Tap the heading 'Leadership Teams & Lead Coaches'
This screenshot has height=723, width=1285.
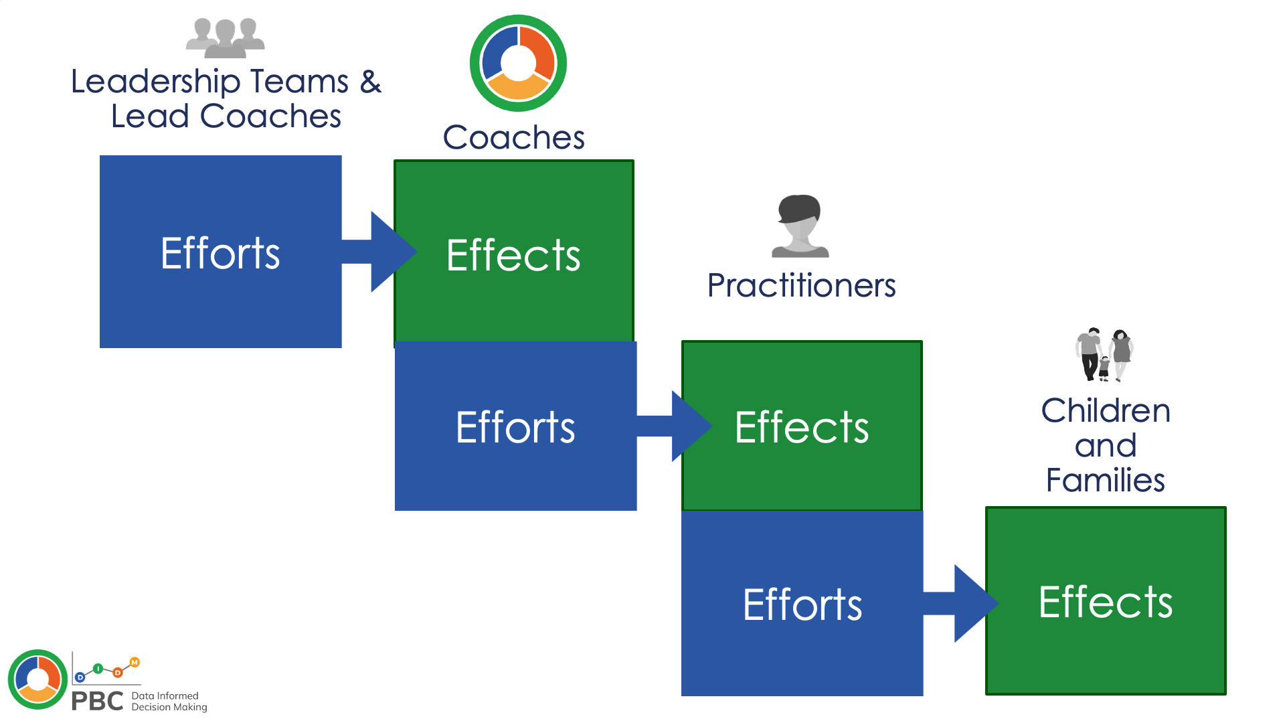point(226,98)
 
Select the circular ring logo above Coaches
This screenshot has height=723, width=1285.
point(518,63)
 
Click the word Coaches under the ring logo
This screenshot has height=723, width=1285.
point(513,137)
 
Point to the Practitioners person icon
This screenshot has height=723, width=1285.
point(800,226)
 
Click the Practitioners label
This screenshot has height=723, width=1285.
point(801,285)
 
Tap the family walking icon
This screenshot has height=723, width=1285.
point(1104,355)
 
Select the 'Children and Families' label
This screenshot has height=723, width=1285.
point(1106,445)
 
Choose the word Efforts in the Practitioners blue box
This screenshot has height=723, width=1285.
point(802,605)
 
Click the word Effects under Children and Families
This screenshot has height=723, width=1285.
point(1106,602)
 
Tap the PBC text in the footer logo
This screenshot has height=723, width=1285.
point(98,701)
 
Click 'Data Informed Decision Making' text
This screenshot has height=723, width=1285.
point(169,702)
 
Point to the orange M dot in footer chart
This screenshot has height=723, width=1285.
point(135,663)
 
